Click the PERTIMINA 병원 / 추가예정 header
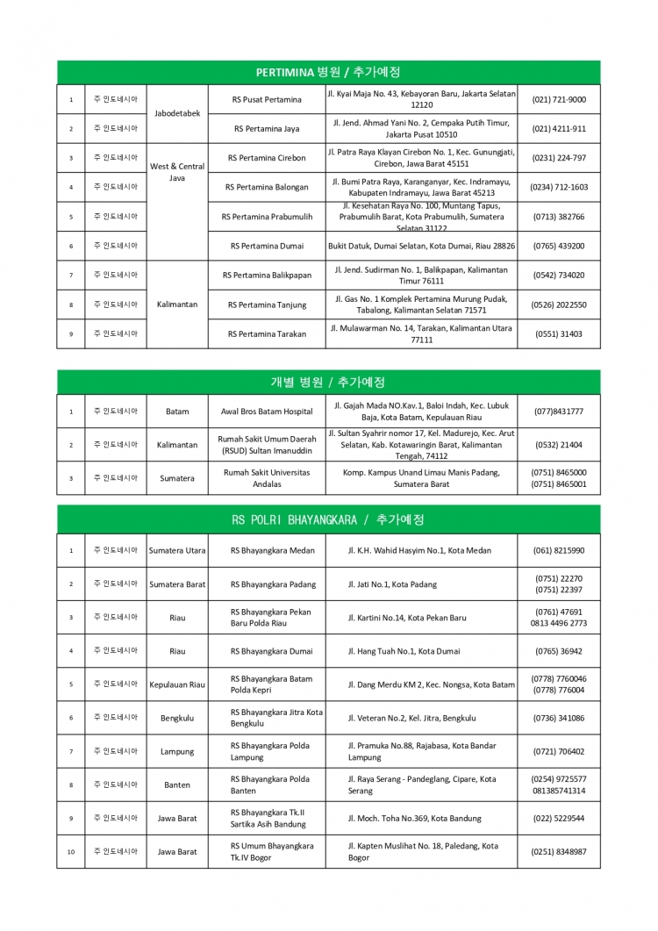(x=328, y=72)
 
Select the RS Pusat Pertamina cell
(x=267, y=100)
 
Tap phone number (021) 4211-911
(x=559, y=129)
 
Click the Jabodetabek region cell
(x=177, y=113)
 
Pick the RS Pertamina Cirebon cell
(x=267, y=158)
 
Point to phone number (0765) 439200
(x=559, y=247)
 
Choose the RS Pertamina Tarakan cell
(x=267, y=334)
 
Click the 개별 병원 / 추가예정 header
(x=328, y=383)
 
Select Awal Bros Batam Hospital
(x=267, y=412)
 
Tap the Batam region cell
(x=177, y=412)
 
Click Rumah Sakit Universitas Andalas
(x=267, y=478)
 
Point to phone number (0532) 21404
(x=559, y=445)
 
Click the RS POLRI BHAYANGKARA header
(x=328, y=520)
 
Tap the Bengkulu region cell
(x=177, y=719)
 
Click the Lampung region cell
(x=177, y=752)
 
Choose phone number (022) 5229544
(x=559, y=819)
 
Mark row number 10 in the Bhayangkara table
(x=71, y=852)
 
